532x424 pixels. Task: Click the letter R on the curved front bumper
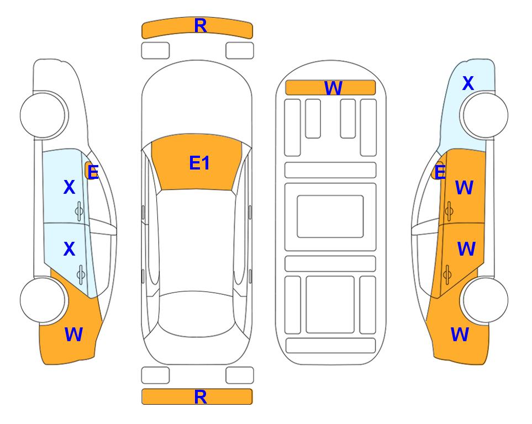pyautogui.click(x=201, y=26)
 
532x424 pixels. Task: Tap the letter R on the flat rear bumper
pyautogui.click(x=201, y=397)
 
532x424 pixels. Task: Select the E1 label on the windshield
pyautogui.click(x=199, y=163)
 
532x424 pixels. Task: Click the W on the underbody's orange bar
pyautogui.click(x=333, y=88)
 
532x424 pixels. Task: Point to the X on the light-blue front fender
pyautogui.click(x=468, y=83)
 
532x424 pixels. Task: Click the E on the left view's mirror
pyautogui.click(x=93, y=172)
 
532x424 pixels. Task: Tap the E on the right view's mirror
pyautogui.click(x=440, y=172)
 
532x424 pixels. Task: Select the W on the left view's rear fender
pyautogui.click(x=73, y=335)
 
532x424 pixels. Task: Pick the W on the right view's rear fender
pyautogui.click(x=460, y=335)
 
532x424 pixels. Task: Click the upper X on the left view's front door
pyautogui.click(x=69, y=187)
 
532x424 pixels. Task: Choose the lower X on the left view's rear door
pyautogui.click(x=69, y=250)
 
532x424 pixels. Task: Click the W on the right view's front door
pyautogui.click(x=464, y=188)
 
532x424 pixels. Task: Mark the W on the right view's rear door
pyautogui.click(x=466, y=249)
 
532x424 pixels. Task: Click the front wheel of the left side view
pyautogui.click(x=43, y=115)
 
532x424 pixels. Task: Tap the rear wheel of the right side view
pyautogui.click(x=485, y=300)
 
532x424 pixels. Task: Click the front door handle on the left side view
pyautogui.click(x=79, y=211)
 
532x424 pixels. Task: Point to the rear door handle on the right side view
pyautogui.click(x=447, y=274)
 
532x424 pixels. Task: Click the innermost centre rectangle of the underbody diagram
pyautogui.click(x=330, y=216)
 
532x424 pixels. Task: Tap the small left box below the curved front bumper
pyautogui.click(x=155, y=51)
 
